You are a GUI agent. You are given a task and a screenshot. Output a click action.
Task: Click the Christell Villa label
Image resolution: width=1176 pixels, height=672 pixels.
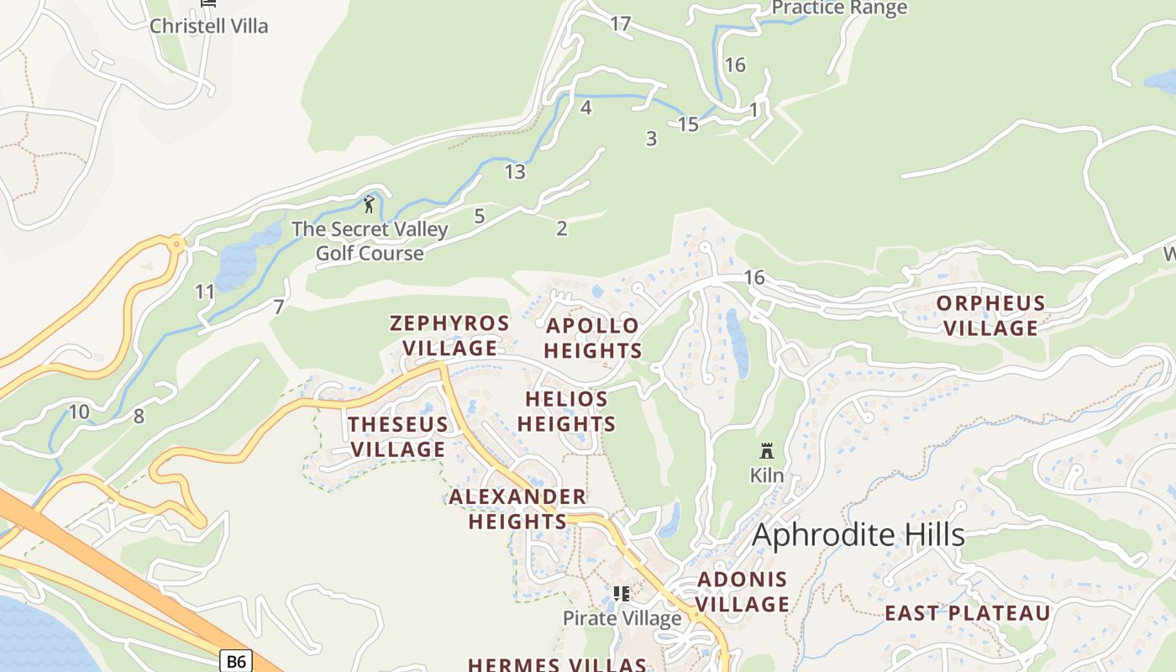click(208, 25)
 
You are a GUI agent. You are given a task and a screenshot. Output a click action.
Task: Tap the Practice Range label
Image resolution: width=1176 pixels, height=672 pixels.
click(838, 8)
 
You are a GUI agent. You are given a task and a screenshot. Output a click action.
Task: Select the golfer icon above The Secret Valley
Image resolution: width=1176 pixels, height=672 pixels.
click(369, 203)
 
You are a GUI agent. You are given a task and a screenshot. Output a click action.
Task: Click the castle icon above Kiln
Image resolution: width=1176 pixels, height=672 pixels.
click(766, 451)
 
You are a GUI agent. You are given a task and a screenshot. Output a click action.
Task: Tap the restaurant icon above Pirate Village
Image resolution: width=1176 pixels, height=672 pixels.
click(622, 595)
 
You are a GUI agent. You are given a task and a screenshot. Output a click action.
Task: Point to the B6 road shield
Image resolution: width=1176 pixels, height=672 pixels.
click(236, 661)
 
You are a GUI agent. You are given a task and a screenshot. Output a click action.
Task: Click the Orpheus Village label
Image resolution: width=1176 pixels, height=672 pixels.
click(990, 316)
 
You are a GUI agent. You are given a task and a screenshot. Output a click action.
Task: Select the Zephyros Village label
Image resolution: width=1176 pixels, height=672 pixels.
click(449, 335)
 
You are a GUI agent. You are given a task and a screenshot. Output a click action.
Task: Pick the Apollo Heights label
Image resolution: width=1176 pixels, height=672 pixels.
click(592, 338)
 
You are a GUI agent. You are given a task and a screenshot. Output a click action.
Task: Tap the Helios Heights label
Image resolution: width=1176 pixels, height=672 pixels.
click(566, 412)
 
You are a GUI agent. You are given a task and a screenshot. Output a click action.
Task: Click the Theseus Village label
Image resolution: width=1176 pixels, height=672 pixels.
click(398, 437)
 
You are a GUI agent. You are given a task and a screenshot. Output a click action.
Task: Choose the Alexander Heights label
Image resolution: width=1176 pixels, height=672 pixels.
click(517, 509)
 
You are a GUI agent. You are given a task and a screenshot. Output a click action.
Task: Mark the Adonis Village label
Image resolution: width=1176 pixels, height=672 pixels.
click(743, 591)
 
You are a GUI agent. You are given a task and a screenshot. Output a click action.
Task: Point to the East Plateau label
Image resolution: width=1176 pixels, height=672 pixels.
click(967, 613)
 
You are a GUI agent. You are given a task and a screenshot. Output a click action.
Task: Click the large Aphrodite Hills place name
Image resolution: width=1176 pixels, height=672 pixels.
click(858, 535)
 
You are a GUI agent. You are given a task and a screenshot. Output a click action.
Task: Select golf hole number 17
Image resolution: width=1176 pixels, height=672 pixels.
click(620, 24)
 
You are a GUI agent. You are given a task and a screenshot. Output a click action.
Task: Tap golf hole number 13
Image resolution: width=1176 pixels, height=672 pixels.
click(515, 172)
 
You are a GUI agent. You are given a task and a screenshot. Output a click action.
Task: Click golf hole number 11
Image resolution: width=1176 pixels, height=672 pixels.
click(205, 292)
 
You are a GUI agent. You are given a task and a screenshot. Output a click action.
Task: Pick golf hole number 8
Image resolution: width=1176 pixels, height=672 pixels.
click(139, 416)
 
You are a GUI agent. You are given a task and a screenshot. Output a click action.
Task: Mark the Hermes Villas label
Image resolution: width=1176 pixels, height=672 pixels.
click(557, 664)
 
